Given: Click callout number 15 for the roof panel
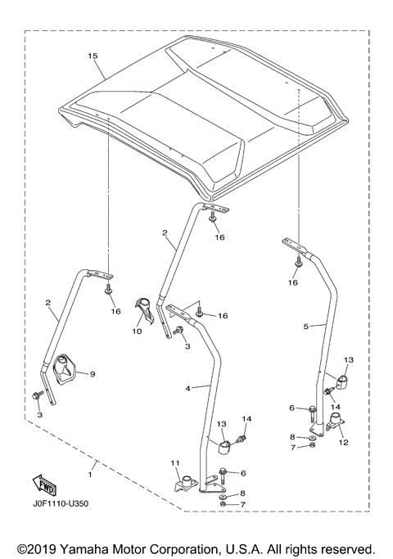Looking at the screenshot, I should tap(93, 56).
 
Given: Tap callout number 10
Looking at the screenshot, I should tap(138, 331).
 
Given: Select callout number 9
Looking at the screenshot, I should tap(92, 374).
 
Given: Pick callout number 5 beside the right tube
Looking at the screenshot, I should tap(306, 326).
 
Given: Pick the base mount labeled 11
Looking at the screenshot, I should tap(187, 483).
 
